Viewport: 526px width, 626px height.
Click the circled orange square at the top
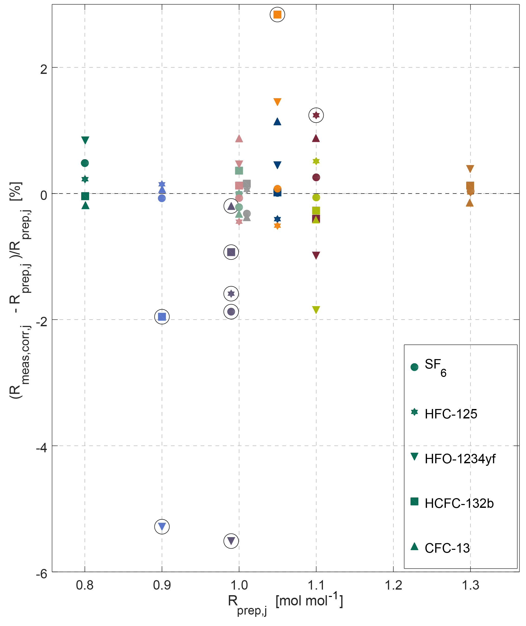click(x=277, y=14)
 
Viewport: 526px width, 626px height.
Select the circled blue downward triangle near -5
click(x=162, y=527)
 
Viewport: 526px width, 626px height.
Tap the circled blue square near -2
click(x=162, y=317)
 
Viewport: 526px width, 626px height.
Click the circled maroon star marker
click(x=316, y=115)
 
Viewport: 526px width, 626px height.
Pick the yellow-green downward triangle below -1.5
click(x=316, y=309)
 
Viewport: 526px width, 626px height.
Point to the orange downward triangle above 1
click(x=277, y=102)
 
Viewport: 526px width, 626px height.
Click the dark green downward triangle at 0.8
click(x=85, y=140)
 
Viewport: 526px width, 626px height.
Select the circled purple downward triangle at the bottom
click(x=231, y=541)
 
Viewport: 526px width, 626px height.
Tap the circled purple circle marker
click(x=231, y=312)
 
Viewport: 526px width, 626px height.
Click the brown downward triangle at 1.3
click(x=470, y=169)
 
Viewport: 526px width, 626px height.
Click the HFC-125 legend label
click(x=451, y=414)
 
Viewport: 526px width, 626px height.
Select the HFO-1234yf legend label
click(x=460, y=459)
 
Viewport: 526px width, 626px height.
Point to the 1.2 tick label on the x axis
click(x=393, y=586)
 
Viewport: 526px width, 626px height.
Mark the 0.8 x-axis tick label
click(x=85, y=586)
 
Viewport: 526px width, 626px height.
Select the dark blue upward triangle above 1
click(x=277, y=121)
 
